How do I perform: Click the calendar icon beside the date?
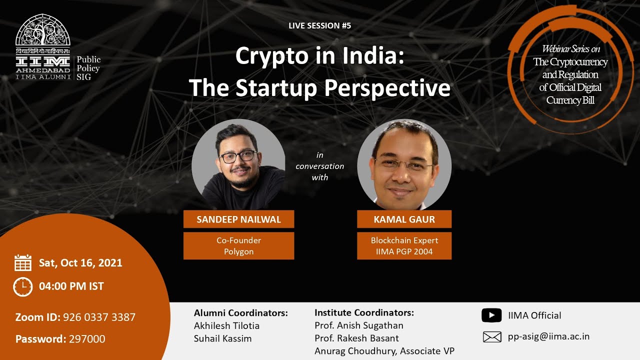pyautogui.click(x=23, y=263)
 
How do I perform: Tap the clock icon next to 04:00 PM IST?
pyautogui.click(x=23, y=286)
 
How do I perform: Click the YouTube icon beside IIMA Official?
pyautogui.click(x=491, y=315)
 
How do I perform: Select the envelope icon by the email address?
pyautogui.click(x=492, y=337)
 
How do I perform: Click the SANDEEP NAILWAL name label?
pyautogui.click(x=238, y=219)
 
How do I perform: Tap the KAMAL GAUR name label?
pyautogui.click(x=404, y=219)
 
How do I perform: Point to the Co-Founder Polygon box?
pyautogui.click(x=238, y=246)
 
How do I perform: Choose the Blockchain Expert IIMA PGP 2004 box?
pyautogui.click(x=404, y=246)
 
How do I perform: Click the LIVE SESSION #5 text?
pyautogui.click(x=320, y=25)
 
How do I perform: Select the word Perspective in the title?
pyautogui.click(x=387, y=88)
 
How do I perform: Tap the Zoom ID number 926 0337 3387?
pyautogui.click(x=99, y=317)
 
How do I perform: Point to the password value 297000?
pyautogui.click(x=87, y=339)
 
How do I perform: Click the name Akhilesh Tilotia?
pyautogui.click(x=226, y=326)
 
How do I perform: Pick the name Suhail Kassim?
pyautogui.click(x=222, y=338)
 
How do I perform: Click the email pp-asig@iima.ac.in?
pyautogui.click(x=548, y=336)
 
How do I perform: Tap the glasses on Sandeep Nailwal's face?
pyautogui.click(x=237, y=156)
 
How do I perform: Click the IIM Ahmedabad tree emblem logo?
pyautogui.click(x=43, y=30)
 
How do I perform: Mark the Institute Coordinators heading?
pyautogui.click(x=364, y=313)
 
